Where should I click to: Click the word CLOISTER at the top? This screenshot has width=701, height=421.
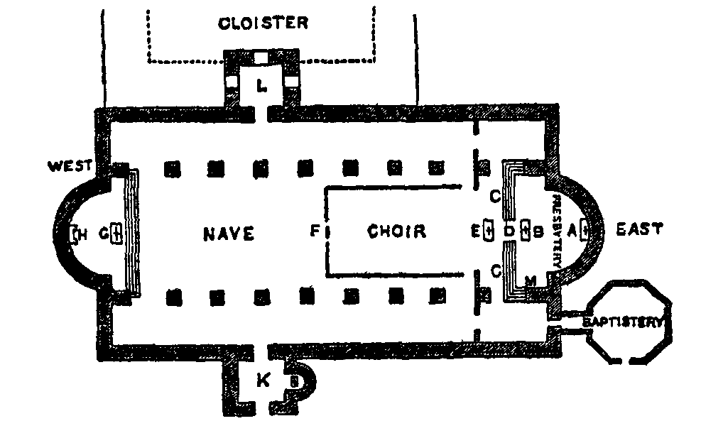pyautogui.click(x=263, y=23)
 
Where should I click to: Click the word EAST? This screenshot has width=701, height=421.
pyautogui.click(x=639, y=229)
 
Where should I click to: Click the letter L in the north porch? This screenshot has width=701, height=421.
pyautogui.click(x=262, y=87)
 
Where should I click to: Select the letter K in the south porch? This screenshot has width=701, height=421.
pyautogui.click(x=263, y=381)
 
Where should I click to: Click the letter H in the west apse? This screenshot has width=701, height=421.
pyautogui.click(x=82, y=235)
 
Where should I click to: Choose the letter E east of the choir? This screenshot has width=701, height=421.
pyautogui.click(x=474, y=230)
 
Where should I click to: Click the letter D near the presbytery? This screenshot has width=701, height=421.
pyautogui.click(x=509, y=230)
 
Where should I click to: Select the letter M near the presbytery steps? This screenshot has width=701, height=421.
pyautogui.click(x=530, y=282)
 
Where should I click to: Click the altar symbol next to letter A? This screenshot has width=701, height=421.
pyautogui.click(x=585, y=229)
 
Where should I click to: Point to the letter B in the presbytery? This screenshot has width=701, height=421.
pyautogui.click(x=538, y=230)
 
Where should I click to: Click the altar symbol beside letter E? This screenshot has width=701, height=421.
pyautogui.click(x=488, y=230)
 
